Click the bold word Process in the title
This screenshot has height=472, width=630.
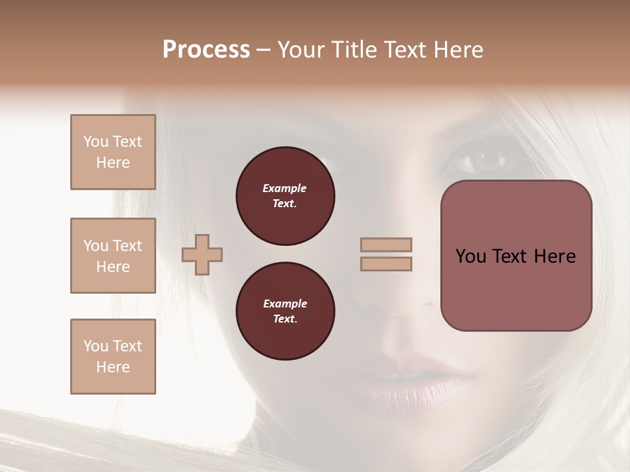206,50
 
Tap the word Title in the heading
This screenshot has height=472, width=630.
356,50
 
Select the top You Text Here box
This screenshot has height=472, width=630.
113,152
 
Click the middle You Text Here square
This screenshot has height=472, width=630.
113,256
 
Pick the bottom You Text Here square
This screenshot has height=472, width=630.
113,357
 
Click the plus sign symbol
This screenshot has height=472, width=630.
202,254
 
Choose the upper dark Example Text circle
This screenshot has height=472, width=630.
285,196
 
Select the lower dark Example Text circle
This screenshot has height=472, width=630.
285,311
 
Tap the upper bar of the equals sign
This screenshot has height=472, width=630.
387,245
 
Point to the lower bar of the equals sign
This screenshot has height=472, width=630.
387,264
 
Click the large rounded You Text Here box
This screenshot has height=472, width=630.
516,256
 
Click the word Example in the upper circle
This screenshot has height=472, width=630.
285,188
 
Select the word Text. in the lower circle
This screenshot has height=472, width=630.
285,319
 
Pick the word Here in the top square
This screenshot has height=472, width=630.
113,163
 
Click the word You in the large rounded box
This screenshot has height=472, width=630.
471,256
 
